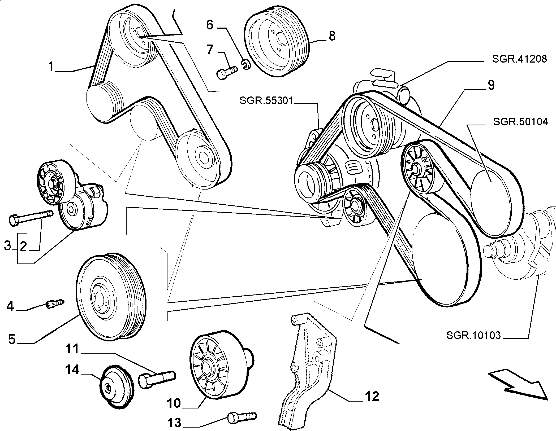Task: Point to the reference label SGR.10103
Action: tap(473, 336)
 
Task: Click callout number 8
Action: tap(332, 36)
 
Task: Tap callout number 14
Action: tap(72, 370)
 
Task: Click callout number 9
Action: tap(491, 85)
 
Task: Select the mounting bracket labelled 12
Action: tap(308, 371)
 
